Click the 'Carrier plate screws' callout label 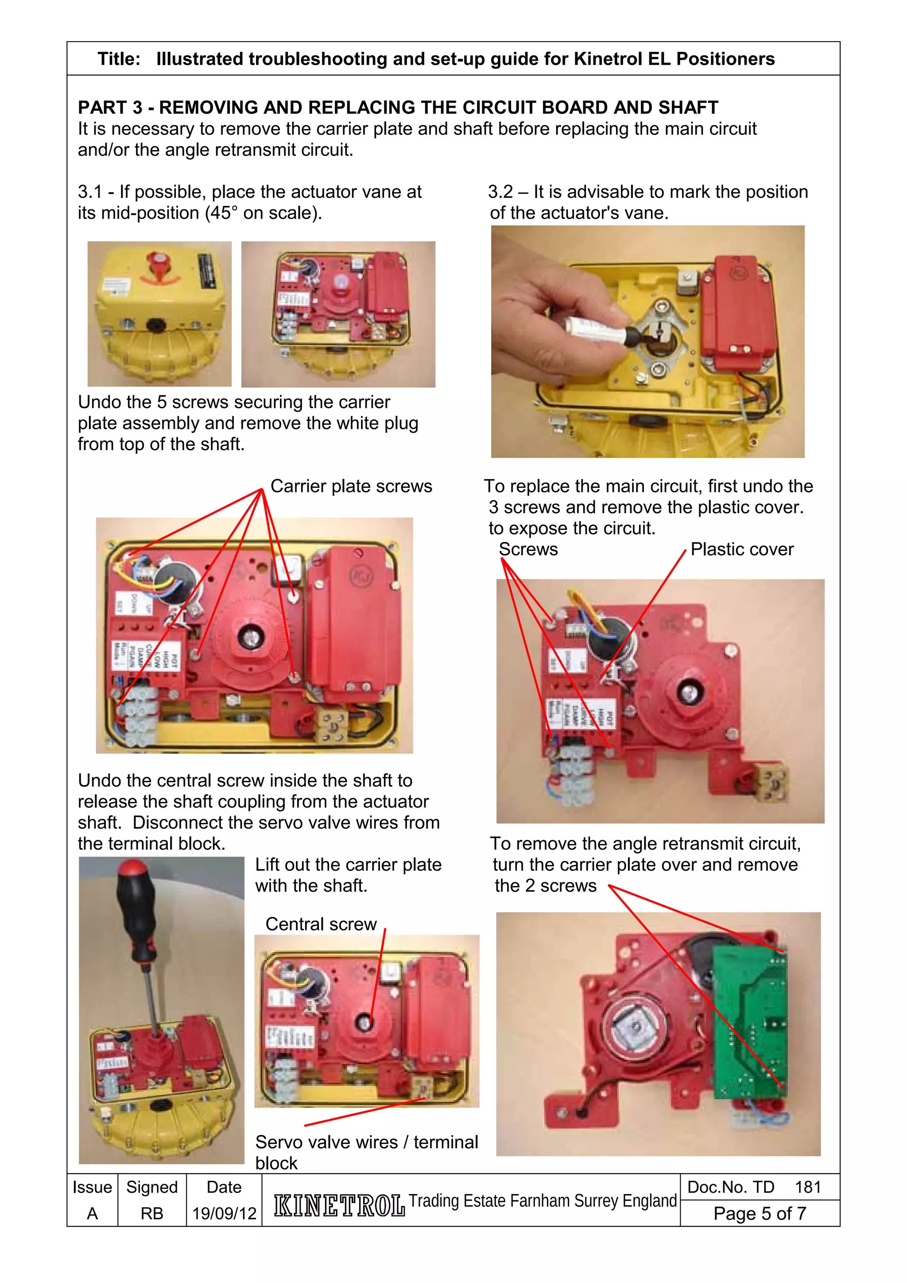[351, 486]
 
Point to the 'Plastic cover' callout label [741, 549]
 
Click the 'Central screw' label [321, 924]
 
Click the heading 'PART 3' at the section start [109, 107]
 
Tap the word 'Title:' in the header [119, 59]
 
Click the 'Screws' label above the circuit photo [528, 549]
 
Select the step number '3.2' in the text [500, 192]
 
